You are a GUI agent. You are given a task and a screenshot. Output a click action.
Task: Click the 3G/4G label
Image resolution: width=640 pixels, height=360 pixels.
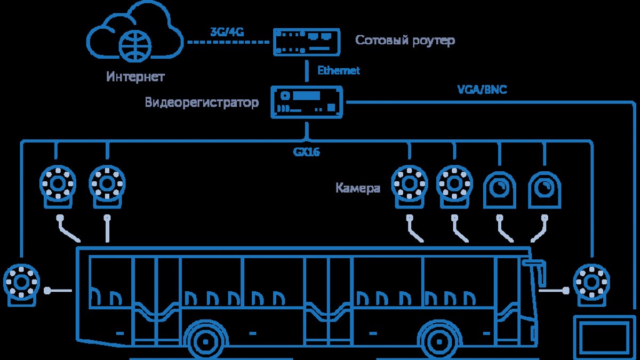point(227,32)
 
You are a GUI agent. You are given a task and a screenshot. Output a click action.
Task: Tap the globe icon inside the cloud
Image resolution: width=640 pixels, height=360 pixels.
point(135,46)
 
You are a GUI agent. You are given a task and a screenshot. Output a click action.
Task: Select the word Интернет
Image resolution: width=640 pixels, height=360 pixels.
point(135,77)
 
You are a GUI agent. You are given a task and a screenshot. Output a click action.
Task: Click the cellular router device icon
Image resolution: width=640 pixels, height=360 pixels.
point(307,42)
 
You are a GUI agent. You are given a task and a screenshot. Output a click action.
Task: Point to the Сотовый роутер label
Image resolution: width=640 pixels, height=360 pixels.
point(405,41)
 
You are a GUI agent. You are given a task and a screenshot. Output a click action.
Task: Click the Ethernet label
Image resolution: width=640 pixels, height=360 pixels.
point(339,70)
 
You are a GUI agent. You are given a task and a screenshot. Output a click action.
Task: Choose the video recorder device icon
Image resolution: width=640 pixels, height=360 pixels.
point(307,102)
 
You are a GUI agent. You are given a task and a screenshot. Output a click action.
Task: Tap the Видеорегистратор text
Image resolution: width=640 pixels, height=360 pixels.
point(202,102)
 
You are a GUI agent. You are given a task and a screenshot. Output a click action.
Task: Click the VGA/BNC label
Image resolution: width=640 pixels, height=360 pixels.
point(482,90)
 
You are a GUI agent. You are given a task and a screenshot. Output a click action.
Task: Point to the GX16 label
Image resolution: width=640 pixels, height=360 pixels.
point(306,152)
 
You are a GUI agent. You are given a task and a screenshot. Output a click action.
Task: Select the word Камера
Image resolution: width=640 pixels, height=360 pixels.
point(358,188)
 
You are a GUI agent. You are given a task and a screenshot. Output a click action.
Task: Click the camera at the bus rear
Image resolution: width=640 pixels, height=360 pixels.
point(21,285)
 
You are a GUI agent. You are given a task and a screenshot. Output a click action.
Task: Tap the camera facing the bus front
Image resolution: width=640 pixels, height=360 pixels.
point(591,285)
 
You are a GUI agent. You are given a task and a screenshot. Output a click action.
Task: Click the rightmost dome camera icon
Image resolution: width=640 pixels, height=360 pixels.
point(545,190)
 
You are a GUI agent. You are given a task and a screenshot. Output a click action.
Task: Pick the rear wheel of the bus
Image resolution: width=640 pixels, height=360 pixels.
point(206,342)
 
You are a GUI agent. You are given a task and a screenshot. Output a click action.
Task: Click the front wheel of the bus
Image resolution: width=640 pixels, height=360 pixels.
point(439,342)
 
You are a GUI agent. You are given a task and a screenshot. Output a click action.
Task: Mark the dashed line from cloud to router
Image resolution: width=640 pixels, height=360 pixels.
point(228,42)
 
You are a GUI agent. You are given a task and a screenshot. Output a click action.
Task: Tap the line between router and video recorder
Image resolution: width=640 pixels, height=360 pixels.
point(307,71)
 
